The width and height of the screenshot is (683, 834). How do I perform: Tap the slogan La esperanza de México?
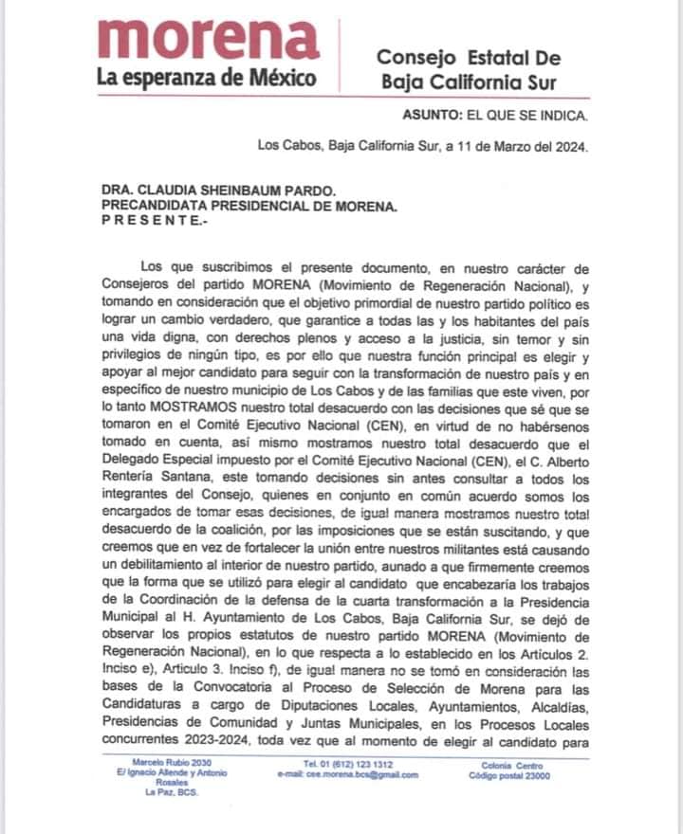click(207, 78)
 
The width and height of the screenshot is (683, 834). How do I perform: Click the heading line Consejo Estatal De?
click(469, 59)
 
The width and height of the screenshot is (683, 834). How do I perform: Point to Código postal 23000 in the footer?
click(517, 775)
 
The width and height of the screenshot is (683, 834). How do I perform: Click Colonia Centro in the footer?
click(517, 763)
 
